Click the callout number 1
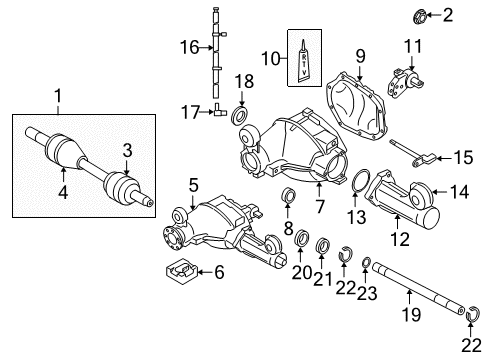(x=59, y=96)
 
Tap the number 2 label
(x=447, y=14)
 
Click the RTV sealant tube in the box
(x=308, y=62)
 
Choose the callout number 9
(x=358, y=55)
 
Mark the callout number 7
(x=319, y=207)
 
